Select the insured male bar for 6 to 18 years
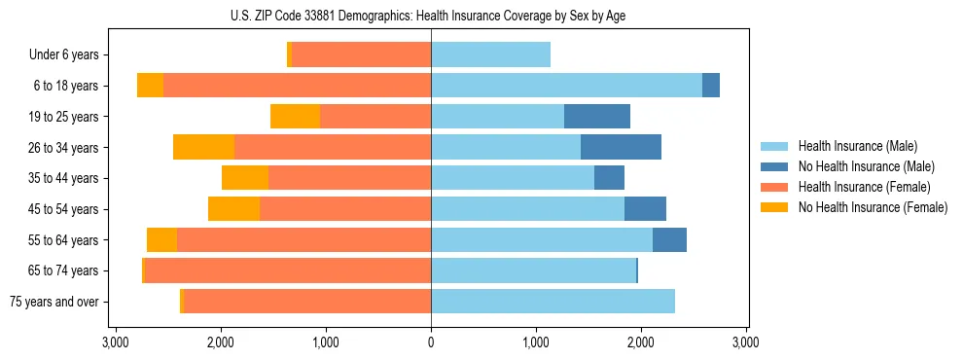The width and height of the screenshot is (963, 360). pos(566,86)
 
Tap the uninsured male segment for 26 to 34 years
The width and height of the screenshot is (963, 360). pos(621,147)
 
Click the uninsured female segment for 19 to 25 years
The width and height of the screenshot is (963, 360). pos(295,117)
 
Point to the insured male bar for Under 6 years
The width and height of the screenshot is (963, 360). pos(490,55)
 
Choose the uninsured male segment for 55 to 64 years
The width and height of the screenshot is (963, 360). pos(669,239)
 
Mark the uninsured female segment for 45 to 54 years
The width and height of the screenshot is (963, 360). pos(233,209)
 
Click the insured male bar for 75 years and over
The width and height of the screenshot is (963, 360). pos(553,302)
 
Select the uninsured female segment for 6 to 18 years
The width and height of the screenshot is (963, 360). pos(150,86)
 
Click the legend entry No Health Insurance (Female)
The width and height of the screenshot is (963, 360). pos(873,207)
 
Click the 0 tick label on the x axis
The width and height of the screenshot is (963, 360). pos(431,342)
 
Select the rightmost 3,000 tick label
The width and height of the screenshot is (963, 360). pos(746,342)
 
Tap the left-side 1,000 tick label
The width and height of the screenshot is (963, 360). pos(326,342)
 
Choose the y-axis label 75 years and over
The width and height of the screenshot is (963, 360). pos(54,302)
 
